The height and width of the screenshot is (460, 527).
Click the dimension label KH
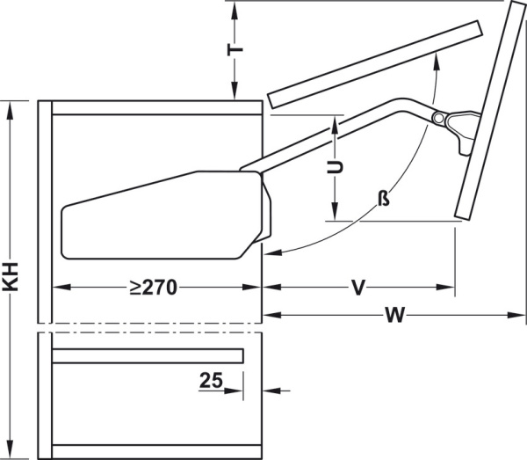click(x=11, y=281)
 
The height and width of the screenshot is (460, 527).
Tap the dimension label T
click(x=235, y=48)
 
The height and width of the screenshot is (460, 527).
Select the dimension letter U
click(x=334, y=167)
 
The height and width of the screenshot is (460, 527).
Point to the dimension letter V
click(x=357, y=287)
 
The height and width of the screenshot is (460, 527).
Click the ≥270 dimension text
click(x=155, y=287)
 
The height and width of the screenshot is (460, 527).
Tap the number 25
click(x=210, y=381)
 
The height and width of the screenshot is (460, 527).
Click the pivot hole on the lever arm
click(x=437, y=117)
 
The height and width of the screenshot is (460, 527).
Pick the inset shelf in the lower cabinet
click(x=147, y=355)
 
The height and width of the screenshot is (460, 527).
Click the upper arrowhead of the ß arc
click(x=436, y=60)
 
